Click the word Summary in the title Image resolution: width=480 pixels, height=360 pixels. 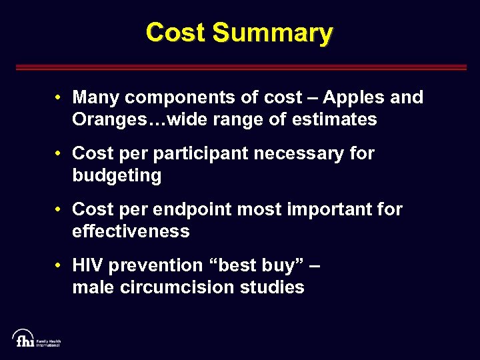[x=273, y=32]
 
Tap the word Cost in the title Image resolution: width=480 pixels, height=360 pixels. [x=175, y=32]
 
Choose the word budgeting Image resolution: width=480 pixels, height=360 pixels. [x=117, y=176]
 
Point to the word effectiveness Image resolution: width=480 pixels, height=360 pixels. [x=131, y=232]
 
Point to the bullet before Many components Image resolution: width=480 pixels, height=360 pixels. [x=59, y=98]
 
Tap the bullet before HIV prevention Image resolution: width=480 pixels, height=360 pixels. [x=59, y=266]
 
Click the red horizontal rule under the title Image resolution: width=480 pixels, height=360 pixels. [x=240, y=67]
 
